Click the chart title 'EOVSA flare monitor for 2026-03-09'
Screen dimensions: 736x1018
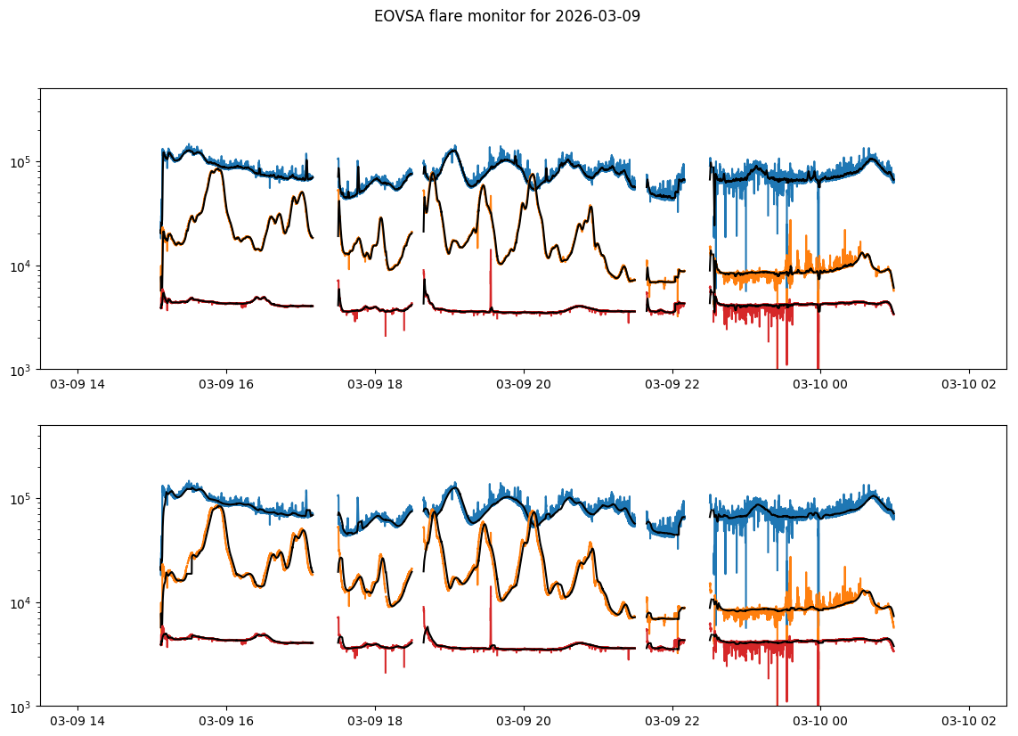click(507, 16)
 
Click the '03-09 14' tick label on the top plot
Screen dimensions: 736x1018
click(77, 385)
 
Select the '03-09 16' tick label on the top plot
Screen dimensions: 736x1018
click(226, 385)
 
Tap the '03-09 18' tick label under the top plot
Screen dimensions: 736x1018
click(375, 385)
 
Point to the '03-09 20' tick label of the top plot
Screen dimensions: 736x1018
click(524, 385)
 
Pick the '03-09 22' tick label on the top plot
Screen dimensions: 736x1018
click(672, 385)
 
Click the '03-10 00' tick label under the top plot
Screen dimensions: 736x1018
click(820, 385)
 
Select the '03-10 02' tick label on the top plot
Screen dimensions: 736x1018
click(969, 385)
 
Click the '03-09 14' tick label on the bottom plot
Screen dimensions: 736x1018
click(77, 722)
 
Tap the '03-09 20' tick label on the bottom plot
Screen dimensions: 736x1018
click(524, 722)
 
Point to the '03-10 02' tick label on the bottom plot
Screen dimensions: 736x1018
click(969, 722)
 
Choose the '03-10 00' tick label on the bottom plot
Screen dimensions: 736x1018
click(820, 722)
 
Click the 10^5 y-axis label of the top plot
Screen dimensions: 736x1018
click(21, 162)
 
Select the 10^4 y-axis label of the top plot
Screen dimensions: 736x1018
click(21, 266)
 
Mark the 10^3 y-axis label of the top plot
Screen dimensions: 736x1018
click(21, 370)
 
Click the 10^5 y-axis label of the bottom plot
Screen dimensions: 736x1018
click(21, 499)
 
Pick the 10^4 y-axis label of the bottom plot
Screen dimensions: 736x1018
click(21, 603)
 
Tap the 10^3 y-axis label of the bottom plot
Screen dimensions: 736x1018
click(21, 707)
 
